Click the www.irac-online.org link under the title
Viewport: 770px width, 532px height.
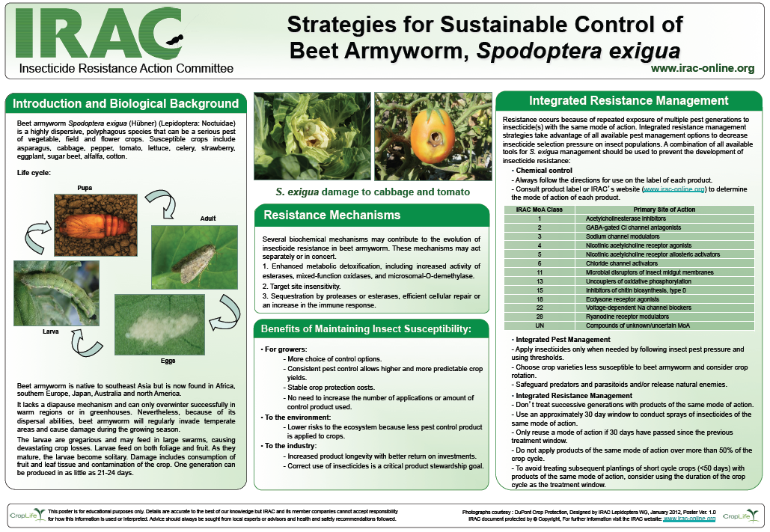(702, 68)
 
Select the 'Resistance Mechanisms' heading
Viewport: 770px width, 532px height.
(331, 215)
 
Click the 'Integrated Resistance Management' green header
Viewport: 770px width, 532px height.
(628, 100)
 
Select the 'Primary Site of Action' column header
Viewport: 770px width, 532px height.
(664, 210)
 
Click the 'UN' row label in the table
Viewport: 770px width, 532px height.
(539, 325)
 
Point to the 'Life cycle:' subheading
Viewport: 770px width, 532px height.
(34, 173)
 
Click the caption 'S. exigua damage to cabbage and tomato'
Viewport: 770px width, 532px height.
(372, 192)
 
